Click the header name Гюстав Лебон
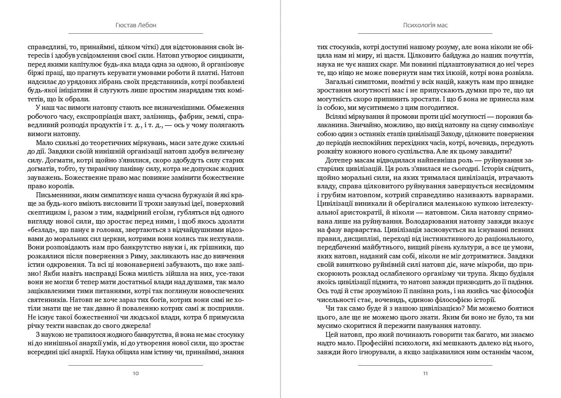click(136, 25)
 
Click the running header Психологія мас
click(425, 25)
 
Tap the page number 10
click(136, 373)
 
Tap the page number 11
click(425, 373)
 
